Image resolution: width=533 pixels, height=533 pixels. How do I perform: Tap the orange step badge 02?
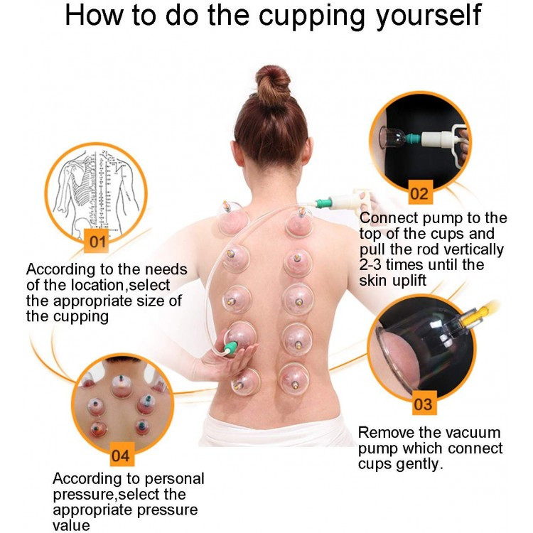coord(420,193)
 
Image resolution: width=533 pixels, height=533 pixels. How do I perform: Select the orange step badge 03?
coord(424,403)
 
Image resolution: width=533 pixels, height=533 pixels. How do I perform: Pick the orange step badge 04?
coord(122,455)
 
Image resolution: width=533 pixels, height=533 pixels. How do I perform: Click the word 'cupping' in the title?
coord(313,16)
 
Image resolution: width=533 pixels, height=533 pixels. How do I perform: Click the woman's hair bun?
coord(273,85)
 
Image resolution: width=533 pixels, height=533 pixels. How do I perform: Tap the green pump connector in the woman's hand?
coord(230,348)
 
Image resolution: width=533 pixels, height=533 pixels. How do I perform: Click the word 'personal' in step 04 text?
coord(174,479)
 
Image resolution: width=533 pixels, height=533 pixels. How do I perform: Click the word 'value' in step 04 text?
coord(71,525)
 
